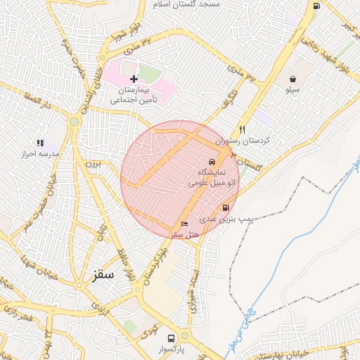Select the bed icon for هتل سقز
click(x=185, y=224)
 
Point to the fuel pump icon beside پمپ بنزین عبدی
click(x=225, y=207)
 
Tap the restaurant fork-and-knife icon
click(x=242, y=129)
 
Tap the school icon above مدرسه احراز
click(x=40, y=143)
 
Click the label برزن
click(x=94, y=163)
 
